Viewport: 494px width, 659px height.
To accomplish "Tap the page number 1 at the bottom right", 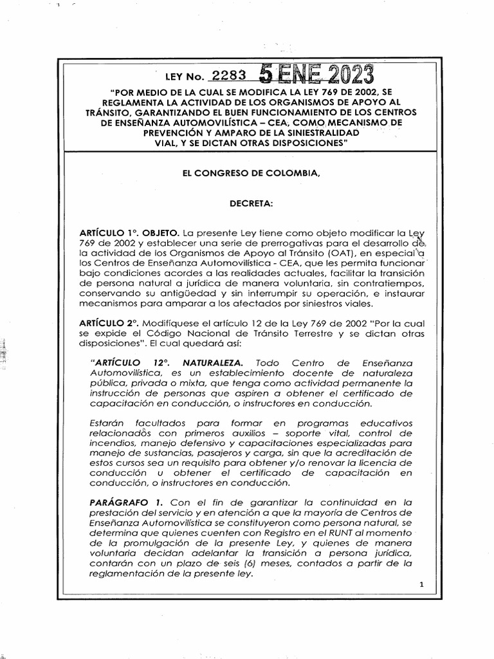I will pos(421,585).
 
